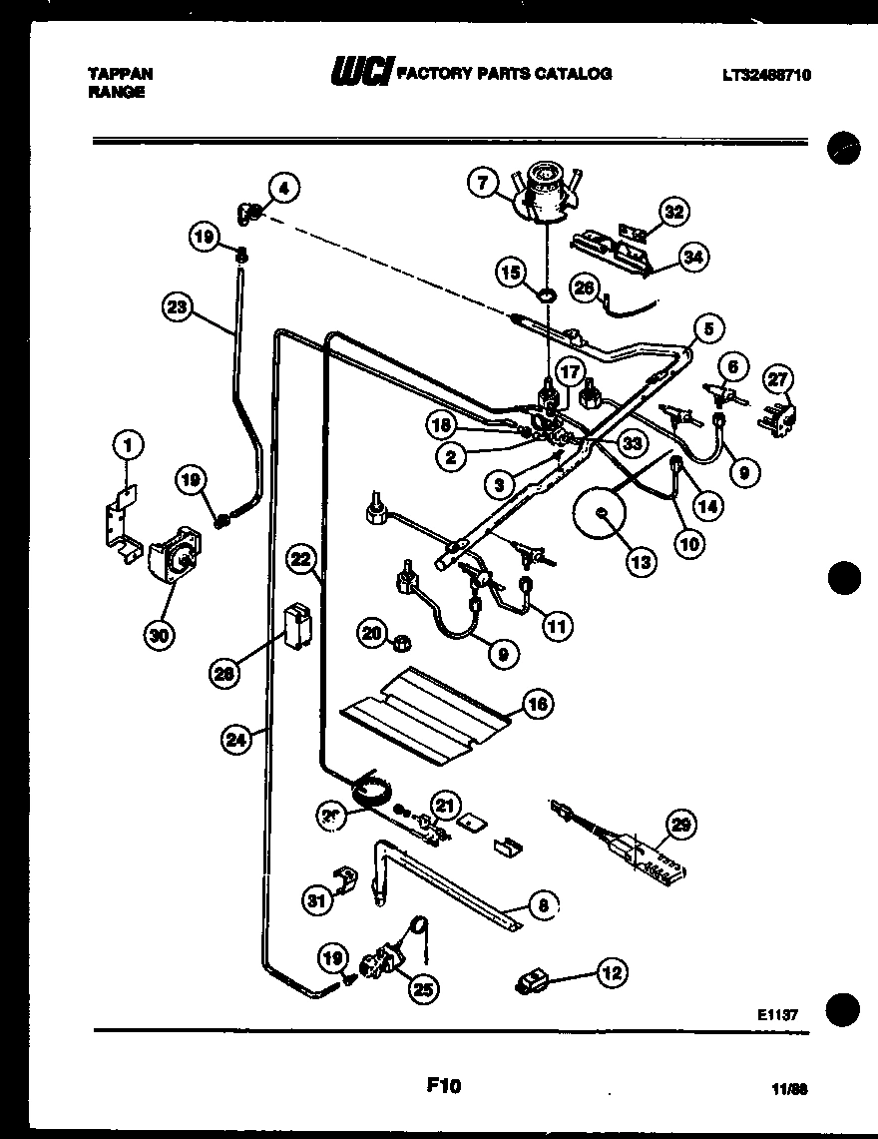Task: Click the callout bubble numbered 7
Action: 483,182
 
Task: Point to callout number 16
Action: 537,705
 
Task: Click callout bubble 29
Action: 680,826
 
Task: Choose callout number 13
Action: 640,562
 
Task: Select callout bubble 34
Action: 691,257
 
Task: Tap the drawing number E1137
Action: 777,1014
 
